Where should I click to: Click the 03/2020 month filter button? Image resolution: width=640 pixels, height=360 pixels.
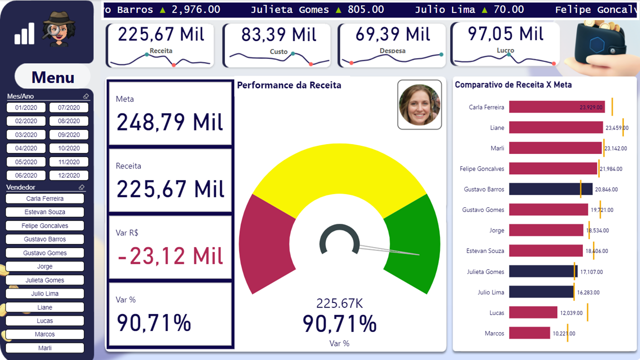click(26, 134)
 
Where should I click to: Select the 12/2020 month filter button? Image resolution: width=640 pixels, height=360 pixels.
click(69, 175)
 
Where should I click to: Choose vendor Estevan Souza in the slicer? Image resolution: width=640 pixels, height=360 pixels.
click(44, 212)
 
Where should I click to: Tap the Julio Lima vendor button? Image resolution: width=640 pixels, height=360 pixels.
click(44, 293)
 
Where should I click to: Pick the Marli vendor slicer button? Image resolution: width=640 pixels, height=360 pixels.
click(44, 348)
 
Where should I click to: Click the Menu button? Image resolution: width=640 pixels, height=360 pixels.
click(53, 77)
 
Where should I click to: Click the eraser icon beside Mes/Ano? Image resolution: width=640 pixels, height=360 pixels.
click(85, 96)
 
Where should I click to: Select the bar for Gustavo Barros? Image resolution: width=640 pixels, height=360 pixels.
click(550, 189)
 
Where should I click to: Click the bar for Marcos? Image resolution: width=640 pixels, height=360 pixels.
click(529, 333)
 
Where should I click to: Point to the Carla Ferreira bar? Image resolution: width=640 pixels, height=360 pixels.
click(556, 107)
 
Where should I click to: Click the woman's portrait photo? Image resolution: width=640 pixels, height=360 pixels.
click(419, 104)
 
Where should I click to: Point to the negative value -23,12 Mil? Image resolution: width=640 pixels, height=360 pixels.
click(170, 256)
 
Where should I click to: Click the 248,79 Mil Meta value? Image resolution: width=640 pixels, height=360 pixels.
click(170, 122)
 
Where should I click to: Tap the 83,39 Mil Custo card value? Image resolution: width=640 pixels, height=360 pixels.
click(278, 35)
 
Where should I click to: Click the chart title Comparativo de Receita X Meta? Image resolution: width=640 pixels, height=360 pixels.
click(513, 85)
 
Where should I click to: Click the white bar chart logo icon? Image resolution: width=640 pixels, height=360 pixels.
click(24, 33)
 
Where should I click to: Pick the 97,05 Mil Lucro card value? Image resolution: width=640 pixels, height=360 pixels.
click(505, 34)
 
